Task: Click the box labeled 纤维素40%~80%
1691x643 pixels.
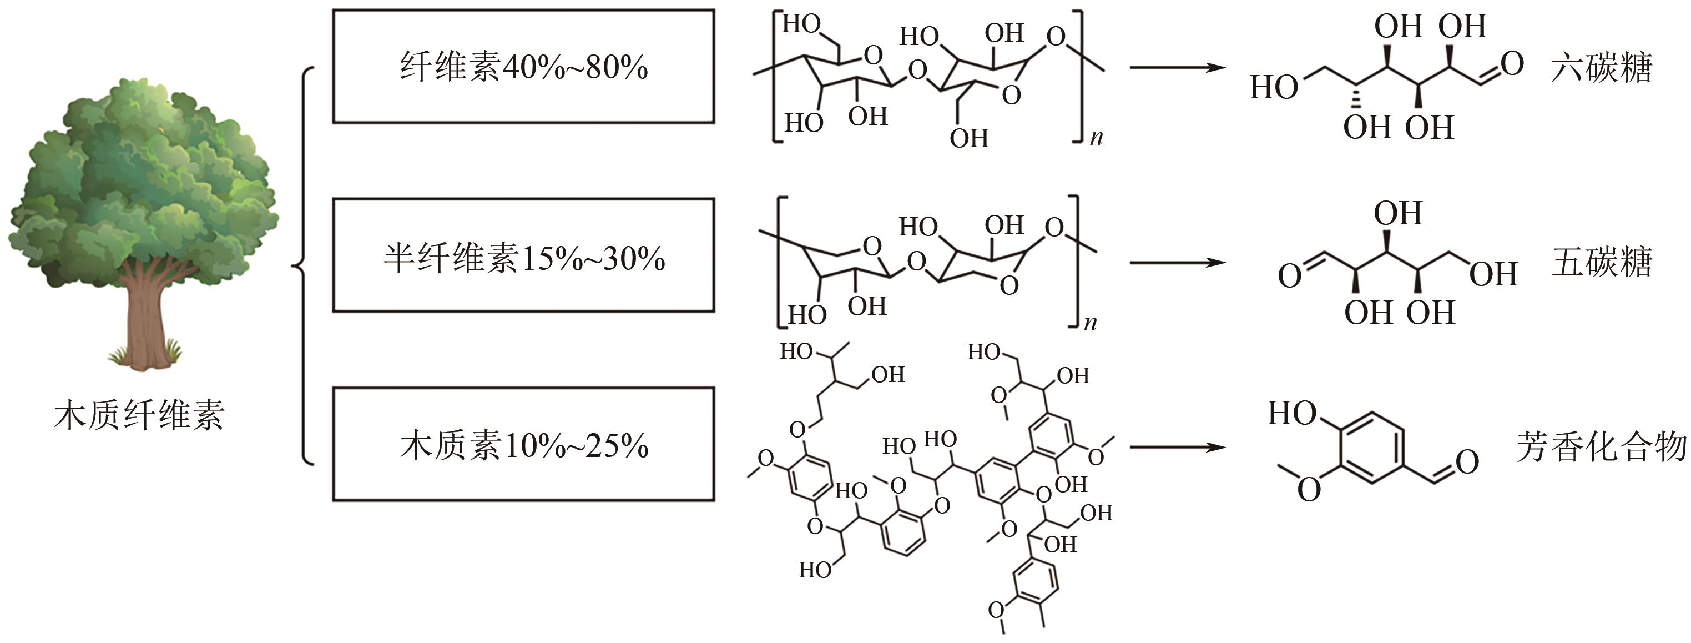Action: coord(523,66)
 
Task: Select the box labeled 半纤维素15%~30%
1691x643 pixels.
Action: coord(523,255)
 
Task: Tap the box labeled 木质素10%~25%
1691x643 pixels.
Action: coord(523,445)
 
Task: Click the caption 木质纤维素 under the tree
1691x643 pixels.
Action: coord(139,415)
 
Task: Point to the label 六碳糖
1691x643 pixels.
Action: coord(1601,68)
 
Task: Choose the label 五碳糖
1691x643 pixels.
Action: coord(1601,262)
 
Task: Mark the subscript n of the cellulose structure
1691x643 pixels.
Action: coord(1096,138)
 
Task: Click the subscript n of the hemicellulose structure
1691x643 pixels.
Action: coord(1091,323)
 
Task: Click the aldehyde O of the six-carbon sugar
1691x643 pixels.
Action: coord(1511,64)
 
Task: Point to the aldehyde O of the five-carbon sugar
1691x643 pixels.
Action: coord(1289,276)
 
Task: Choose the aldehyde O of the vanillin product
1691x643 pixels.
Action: coord(1467,462)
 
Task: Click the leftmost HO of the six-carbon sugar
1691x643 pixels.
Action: coord(1274,87)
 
